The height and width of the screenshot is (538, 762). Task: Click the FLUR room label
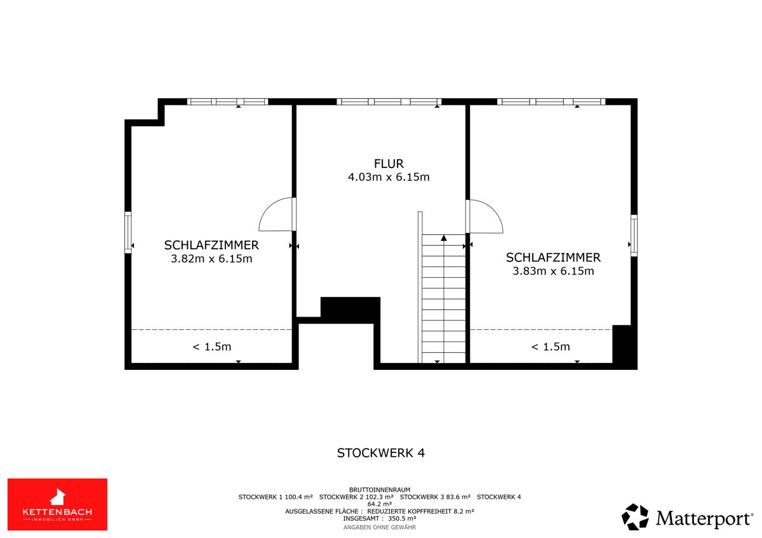(389, 164)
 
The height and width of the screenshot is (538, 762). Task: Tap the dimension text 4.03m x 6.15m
(389, 177)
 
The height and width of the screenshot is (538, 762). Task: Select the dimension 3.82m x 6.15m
(211, 259)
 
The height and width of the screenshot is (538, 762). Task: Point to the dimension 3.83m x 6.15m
(553, 271)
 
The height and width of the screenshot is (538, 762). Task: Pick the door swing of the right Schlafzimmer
(495, 210)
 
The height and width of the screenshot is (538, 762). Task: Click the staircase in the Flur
(444, 299)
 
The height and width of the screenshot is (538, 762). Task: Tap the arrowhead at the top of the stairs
(444, 238)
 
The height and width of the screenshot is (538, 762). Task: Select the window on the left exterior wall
(128, 232)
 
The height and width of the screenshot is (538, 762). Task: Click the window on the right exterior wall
(634, 235)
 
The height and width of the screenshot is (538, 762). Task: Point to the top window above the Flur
(389, 102)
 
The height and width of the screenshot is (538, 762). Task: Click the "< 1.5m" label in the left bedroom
(212, 346)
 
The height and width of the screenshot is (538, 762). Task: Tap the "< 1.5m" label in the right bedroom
(551, 346)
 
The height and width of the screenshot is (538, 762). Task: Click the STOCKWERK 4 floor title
(380, 453)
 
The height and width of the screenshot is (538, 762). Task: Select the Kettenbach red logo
(58, 504)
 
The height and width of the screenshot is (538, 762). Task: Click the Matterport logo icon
(635, 517)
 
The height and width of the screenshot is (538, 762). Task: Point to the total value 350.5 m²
(402, 518)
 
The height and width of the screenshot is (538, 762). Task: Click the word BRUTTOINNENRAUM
(380, 490)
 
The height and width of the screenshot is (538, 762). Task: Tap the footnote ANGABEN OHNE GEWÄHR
(380, 527)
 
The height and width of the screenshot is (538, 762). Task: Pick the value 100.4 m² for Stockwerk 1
(298, 497)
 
